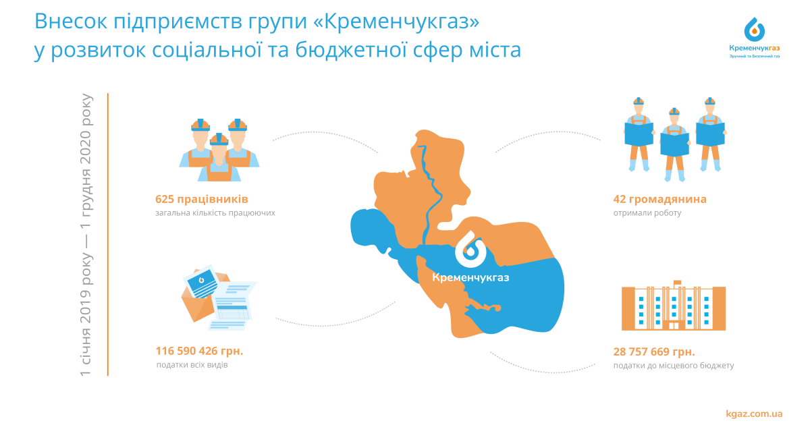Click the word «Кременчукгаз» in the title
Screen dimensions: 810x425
click(x=396, y=22)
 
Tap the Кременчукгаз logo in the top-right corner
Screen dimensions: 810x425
click(x=755, y=38)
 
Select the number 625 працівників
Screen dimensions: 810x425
click(x=202, y=199)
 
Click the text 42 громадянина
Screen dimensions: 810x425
click(x=659, y=199)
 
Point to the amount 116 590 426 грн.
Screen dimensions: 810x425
click(x=199, y=351)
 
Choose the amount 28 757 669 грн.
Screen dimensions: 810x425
click(x=654, y=351)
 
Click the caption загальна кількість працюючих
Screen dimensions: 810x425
click(x=215, y=213)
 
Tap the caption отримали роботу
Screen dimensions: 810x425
click(x=647, y=213)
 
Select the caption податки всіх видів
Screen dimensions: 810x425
click(x=192, y=365)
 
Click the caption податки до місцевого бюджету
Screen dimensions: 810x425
click(x=674, y=366)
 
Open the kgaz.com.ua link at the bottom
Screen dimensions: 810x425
click(x=755, y=414)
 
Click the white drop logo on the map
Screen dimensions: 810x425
click(x=470, y=249)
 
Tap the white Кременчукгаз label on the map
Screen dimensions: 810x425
click(x=470, y=277)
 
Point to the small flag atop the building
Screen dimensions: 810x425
click(x=677, y=283)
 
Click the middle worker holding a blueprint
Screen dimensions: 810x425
click(x=674, y=144)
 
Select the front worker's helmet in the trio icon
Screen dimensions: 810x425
click(x=219, y=140)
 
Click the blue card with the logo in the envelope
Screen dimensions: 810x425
click(x=201, y=282)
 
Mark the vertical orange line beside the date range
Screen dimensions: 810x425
click(x=108, y=235)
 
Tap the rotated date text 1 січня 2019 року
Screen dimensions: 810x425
click(x=86, y=314)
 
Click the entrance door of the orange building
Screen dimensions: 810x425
click(x=674, y=326)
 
